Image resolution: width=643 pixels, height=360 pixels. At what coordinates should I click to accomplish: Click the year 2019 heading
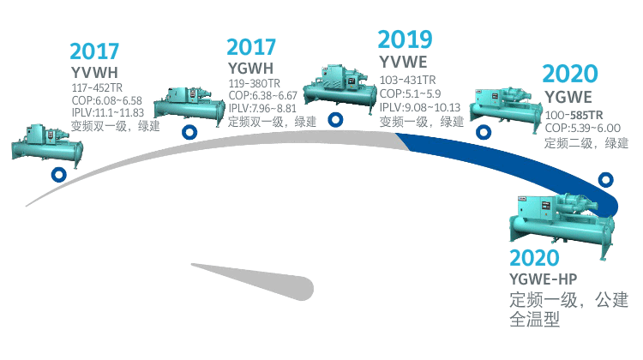pyautogui.click(x=406, y=39)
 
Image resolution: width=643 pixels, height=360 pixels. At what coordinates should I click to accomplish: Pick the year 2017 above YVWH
pyautogui.click(x=94, y=50)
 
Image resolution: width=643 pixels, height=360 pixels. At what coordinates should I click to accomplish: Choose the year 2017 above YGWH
pyautogui.click(x=252, y=47)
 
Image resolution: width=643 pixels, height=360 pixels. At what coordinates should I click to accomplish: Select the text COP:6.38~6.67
pyautogui.click(x=262, y=95)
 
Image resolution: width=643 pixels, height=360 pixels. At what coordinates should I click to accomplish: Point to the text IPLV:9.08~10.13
pyautogui.click(x=420, y=107)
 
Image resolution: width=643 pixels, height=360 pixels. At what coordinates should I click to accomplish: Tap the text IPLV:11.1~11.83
pyautogui.click(x=107, y=111)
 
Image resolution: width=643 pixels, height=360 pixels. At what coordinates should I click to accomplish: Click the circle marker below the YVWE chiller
pyautogui.click(x=337, y=120)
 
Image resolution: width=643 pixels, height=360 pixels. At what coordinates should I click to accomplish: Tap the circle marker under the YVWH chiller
pyautogui.click(x=58, y=175)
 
